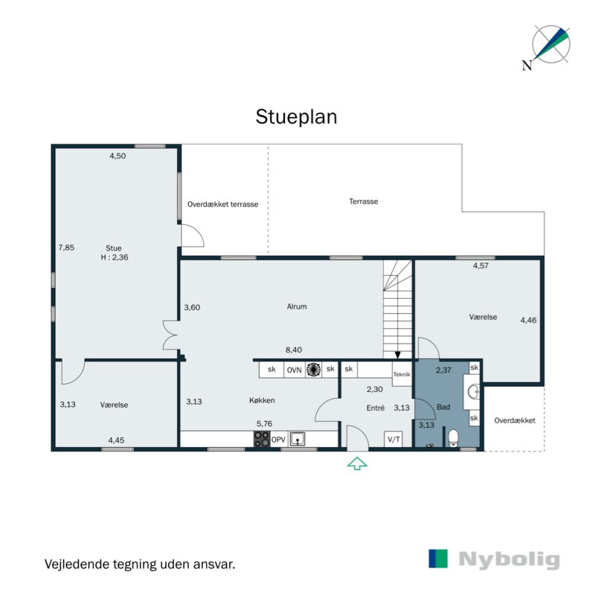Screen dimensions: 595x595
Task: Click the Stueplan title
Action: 296,118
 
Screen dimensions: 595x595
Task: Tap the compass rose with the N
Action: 550,44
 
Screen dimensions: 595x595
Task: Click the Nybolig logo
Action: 494,559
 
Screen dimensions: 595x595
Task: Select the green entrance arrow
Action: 358,464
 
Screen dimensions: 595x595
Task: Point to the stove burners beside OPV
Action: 262,440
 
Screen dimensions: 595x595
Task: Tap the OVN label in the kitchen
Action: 294,369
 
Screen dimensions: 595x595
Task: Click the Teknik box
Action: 402,375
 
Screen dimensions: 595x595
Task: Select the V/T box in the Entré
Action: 393,440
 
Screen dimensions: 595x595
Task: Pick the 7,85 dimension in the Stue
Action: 66,248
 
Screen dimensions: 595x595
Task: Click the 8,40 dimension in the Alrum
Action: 295,350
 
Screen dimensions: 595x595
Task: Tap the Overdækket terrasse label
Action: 223,204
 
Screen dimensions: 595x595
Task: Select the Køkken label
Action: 263,401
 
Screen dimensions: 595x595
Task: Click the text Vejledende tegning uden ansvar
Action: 140,565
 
